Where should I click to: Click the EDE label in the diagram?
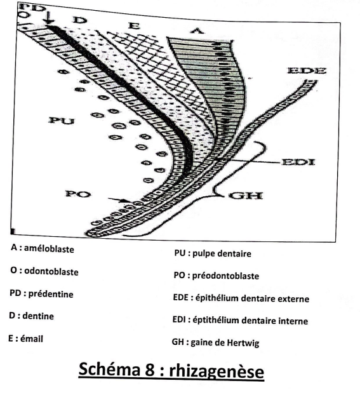(307, 70)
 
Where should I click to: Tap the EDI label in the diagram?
(298, 162)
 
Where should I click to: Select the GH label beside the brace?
(245, 196)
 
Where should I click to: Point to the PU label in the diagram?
(62, 121)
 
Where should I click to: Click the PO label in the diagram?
(78, 194)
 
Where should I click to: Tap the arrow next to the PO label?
(118, 200)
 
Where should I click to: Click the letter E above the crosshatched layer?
(134, 25)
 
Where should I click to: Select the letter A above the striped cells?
(197, 30)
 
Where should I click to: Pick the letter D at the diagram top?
(79, 20)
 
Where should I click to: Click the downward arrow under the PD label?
(50, 18)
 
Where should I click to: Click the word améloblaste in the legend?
(49, 249)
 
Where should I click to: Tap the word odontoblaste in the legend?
(51, 272)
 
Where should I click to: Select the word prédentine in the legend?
(51, 294)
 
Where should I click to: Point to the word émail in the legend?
(32, 339)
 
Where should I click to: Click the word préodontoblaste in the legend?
(226, 276)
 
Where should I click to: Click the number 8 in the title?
(150, 370)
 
